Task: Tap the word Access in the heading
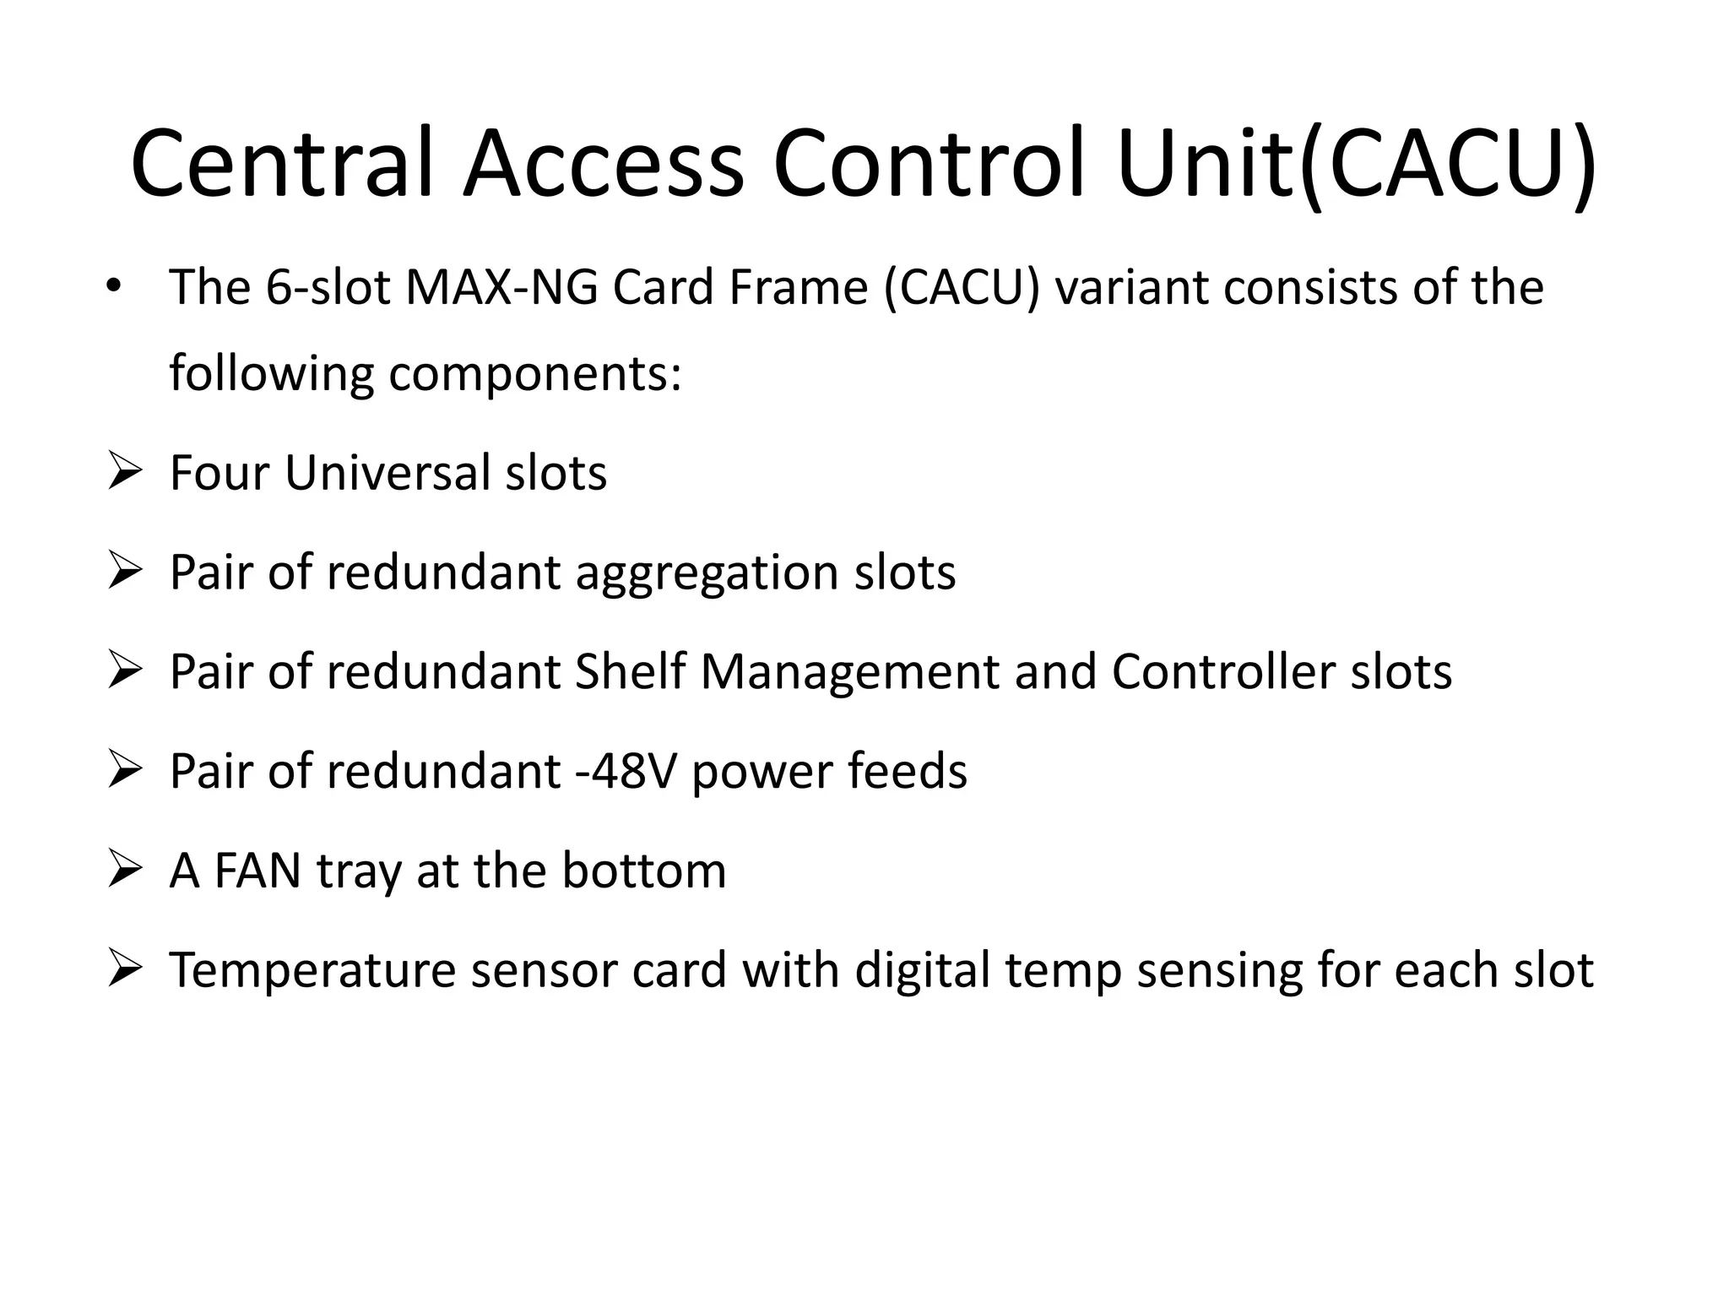coord(603,163)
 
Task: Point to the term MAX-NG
coord(501,287)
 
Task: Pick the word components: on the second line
coord(534,373)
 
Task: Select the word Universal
coord(387,472)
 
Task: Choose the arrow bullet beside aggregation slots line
coord(123,573)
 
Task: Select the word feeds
coord(907,772)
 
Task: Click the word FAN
coord(257,871)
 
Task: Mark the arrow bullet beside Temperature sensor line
coord(123,970)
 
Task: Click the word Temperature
coord(312,971)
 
